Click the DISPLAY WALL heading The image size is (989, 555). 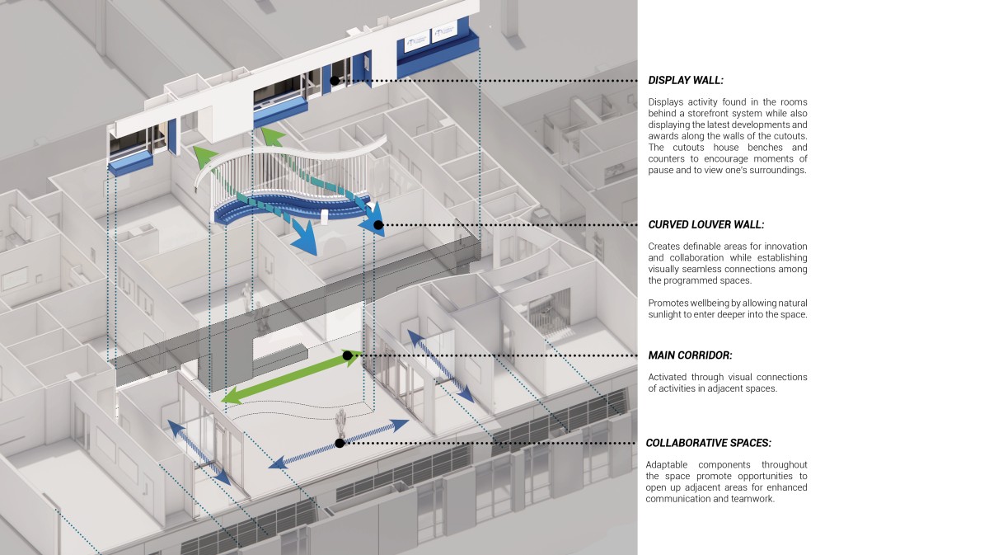[x=686, y=81]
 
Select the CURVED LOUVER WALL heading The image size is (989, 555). [x=706, y=224]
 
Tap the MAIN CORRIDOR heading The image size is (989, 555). [x=690, y=355]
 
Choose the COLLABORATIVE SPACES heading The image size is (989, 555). [x=708, y=443]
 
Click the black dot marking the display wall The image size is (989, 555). [x=335, y=81]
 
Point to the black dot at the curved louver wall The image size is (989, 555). [x=378, y=225]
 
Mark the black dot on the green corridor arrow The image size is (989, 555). [x=347, y=355]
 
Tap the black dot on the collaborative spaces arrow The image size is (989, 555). [x=340, y=443]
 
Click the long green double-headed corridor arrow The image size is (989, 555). [x=292, y=377]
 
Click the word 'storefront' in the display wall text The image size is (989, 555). [x=726, y=114]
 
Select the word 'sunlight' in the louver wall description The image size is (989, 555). [x=665, y=315]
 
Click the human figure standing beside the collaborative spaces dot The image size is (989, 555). [x=340, y=423]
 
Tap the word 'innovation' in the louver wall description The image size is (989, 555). [x=786, y=246]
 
